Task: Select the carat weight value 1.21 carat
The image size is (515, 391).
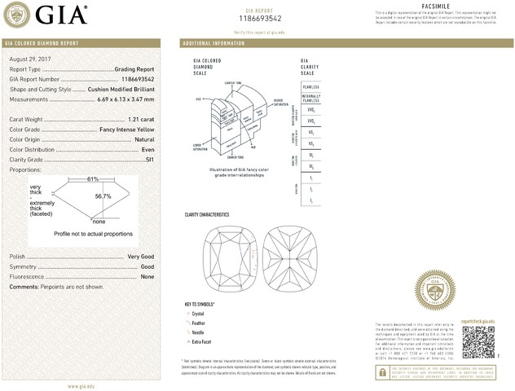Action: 138,120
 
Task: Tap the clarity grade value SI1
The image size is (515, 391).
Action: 149,160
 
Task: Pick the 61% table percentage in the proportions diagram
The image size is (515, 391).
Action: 93,178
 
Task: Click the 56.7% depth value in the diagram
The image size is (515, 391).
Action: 103,196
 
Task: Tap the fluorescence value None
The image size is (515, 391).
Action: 147,277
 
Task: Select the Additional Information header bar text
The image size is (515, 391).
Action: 213,42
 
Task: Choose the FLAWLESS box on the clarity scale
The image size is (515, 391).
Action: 310,86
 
